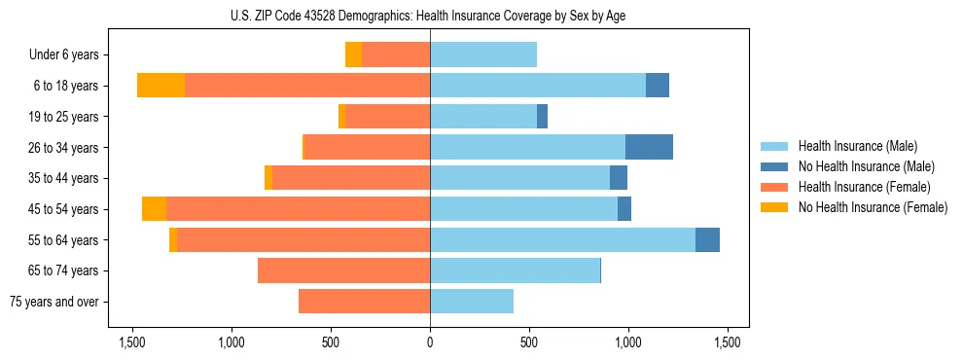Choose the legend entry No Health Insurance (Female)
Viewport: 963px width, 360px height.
(873, 207)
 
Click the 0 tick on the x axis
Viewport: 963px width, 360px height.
(430, 342)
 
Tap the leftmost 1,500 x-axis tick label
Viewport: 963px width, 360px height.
(132, 342)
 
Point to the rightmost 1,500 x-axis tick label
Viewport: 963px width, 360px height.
(728, 342)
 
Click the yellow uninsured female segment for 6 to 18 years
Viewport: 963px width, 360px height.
(160, 86)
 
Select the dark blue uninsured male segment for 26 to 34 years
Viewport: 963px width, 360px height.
(649, 147)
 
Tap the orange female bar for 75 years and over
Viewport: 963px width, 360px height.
(364, 302)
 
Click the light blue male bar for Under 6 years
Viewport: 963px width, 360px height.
(483, 54)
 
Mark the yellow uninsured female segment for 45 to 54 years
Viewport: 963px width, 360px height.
(154, 209)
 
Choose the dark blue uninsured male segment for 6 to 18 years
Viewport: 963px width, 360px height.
(658, 86)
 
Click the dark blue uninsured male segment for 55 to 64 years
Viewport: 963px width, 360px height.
(707, 239)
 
